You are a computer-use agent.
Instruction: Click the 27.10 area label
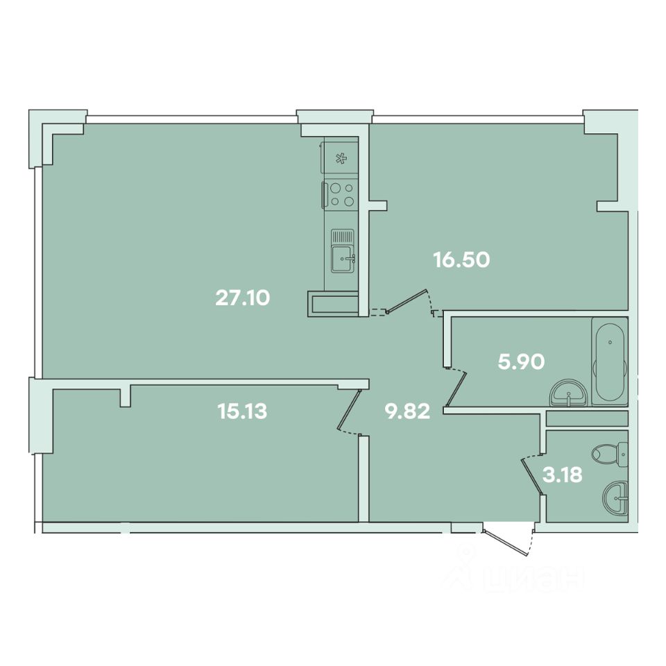[x=243, y=298]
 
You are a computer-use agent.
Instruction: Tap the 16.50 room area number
[x=462, y=259]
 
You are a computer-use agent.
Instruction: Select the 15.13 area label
[x=242, y=411]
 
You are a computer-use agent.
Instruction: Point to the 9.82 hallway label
[x=407, y=411]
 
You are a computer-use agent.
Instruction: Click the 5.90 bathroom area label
[x=521, y=362]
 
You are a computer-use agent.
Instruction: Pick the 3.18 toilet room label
[x=563, y=475]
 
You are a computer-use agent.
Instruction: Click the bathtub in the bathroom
[x=610, y=361]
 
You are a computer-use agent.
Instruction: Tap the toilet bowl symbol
[x=610, y=454]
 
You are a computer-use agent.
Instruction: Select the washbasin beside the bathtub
[x=569, y=394]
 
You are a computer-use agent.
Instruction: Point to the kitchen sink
[x=342, y=258]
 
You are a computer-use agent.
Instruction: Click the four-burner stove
[x=340, y=194]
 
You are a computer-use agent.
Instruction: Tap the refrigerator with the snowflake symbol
[x=339, y=157]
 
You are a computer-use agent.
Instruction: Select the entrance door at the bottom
[x=506, y=543]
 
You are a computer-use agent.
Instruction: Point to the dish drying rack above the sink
[x=342, y=235]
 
